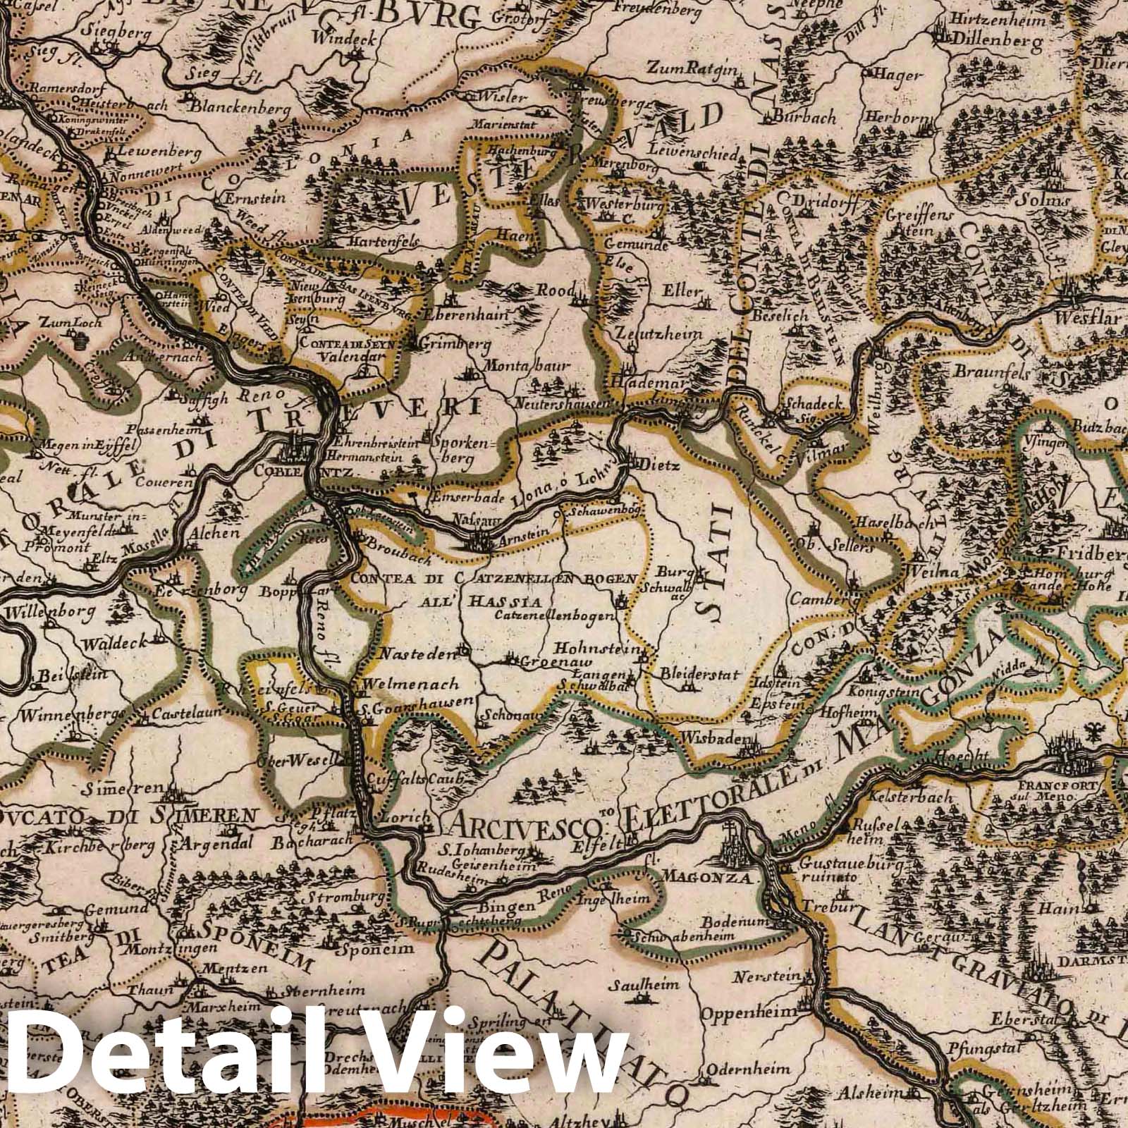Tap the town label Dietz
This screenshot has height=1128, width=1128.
coord(656,465)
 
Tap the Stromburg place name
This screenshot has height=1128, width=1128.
coord(344,900)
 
